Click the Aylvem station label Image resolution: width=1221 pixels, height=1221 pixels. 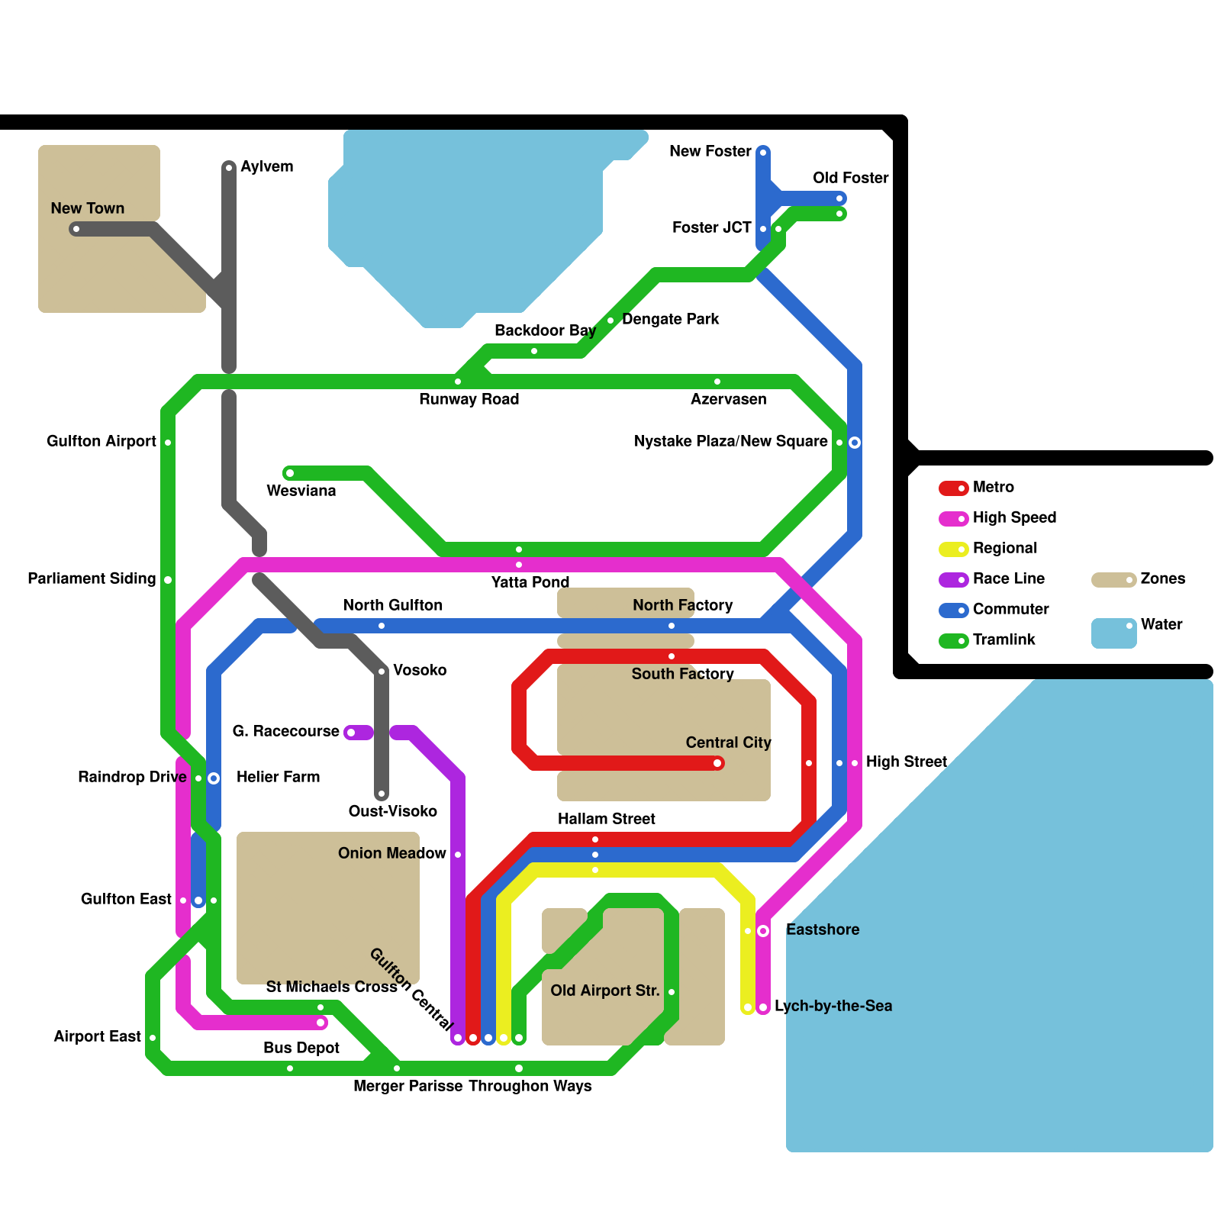coord(266,166)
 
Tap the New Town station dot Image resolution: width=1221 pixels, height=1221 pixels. coord(76,229)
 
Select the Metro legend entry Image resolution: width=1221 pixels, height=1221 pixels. coord(993,487)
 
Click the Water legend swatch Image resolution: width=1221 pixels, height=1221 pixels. coord(1113,633)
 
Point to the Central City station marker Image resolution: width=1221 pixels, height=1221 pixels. coord(717,763)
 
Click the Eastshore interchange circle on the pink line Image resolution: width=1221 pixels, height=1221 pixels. coord(763,931)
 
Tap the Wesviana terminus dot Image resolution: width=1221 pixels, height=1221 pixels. coord(290,473)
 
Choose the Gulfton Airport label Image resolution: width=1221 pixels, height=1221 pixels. coord(101,441)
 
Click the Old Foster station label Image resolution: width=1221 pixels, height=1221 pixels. coord(850,178)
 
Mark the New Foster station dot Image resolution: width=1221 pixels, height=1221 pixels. coord(763,153)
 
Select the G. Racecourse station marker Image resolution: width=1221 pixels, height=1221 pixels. coord(351,733)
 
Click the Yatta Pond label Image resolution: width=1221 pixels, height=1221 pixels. coord(530,582)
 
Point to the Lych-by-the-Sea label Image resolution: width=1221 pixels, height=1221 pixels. coord(833,1006)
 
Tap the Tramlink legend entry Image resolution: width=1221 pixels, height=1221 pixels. coord(1004,639)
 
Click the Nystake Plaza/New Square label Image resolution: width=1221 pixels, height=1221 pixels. coord(730,441)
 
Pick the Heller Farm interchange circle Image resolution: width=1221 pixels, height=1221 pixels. coord(214,778)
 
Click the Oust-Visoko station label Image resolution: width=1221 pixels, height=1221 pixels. coord(392,811)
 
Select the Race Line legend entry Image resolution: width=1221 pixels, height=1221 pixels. coord(1008,578)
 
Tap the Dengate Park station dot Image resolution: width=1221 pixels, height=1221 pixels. coord(610,321)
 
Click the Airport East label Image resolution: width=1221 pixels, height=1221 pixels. coord(97,1036)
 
